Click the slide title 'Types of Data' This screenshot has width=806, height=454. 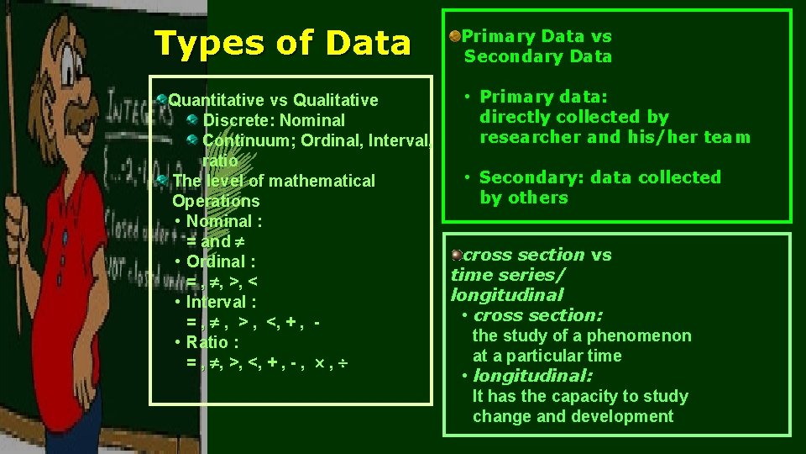pyautogui.click(x=283, y=44)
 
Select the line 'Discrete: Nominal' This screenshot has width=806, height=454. pyautogui.click(x=274, y=120)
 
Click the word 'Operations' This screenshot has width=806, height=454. pyautogui.click(x=216, y=201)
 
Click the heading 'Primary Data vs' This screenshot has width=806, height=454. pyautogui.click(x=536, y=36)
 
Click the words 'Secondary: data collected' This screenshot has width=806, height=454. pyautogui.click(x=599, y=177)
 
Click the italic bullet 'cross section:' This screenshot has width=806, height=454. pyautogui.click(x=537, y=315)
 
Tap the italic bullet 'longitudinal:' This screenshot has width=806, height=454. pyautogui.click(x=532, y=376)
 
